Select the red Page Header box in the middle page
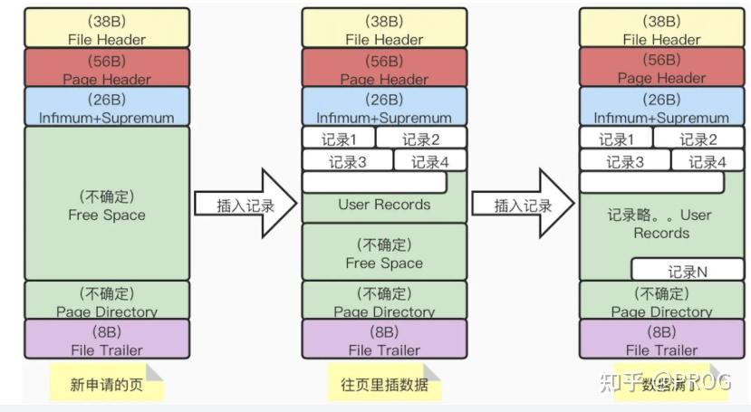383,67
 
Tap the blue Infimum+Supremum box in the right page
660,106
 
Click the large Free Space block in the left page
106,204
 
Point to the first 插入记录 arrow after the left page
246,205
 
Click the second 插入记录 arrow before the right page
524,205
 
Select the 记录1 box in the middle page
338,139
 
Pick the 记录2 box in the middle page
420,139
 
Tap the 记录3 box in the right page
625,161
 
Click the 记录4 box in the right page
707,161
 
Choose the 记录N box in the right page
687,270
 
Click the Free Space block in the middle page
383,254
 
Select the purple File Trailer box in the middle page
383,340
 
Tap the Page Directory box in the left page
106,301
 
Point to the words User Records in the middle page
384,205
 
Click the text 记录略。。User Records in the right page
660,224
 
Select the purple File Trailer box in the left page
106,340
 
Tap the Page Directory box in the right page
660,301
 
